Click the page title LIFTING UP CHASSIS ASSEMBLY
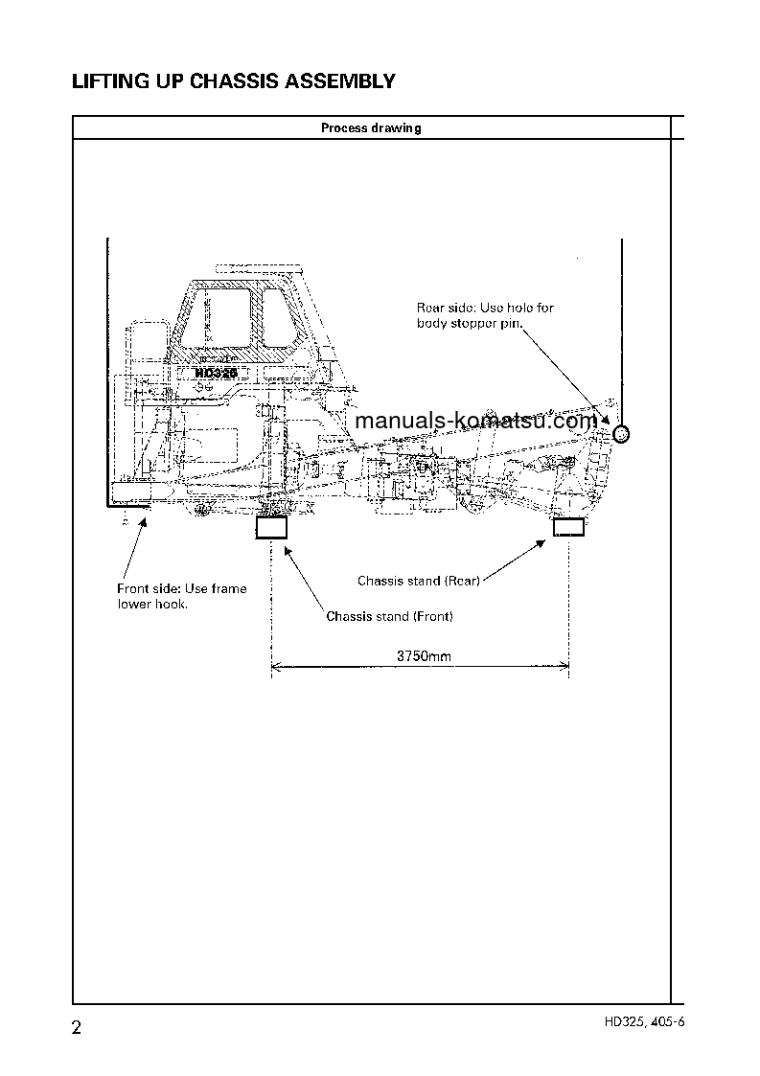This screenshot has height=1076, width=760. tap(234, 81)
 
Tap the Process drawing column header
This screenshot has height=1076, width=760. tap(371, 128)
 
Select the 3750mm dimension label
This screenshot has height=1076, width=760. tap(424, 657)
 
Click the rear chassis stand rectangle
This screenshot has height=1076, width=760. tap(569, 526)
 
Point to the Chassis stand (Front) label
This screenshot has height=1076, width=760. tap(389, 616)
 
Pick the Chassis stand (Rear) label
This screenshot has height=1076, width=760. tap(418, 581)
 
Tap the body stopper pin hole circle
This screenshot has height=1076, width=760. tap(620, 435)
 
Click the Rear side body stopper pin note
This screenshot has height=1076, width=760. tap(485, 315)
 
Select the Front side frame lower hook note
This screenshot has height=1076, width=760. tap(181, 596)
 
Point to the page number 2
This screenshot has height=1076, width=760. tap(78, 1030)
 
